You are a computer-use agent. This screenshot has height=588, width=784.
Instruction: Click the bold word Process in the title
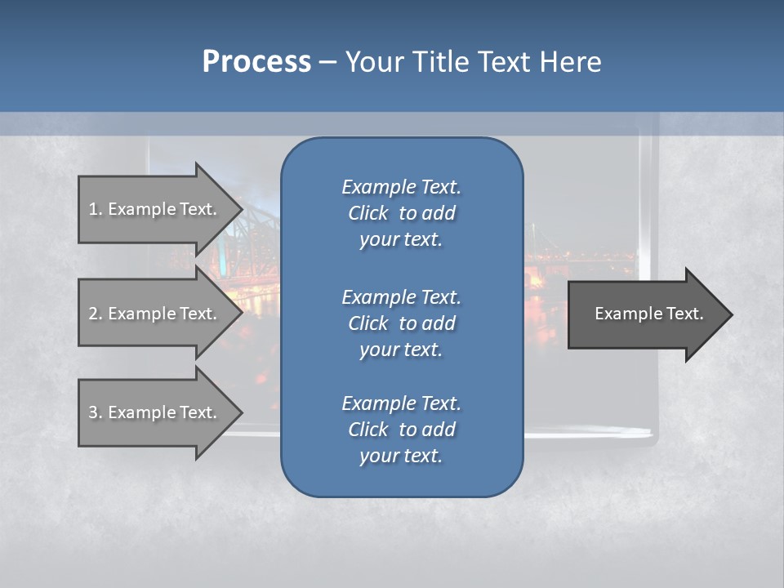click(x=256, y=61)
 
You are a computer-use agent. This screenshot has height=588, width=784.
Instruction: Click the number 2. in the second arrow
click(x=96, y=314)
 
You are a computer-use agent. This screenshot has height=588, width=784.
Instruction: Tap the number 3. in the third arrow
click(x=96, y=412)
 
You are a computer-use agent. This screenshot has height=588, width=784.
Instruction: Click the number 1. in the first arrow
click(x=96, y=209)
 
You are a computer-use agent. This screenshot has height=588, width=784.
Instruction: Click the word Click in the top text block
click(x=367, y=213)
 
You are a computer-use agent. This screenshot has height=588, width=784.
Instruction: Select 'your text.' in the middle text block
click(x=401, y=350)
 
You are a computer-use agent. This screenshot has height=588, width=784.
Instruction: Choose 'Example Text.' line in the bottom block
click(x=401, y=403)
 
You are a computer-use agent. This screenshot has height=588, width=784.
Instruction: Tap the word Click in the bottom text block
click(x=367, y=430)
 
